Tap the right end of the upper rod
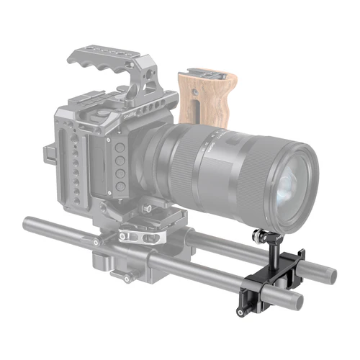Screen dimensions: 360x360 point(328,274)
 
